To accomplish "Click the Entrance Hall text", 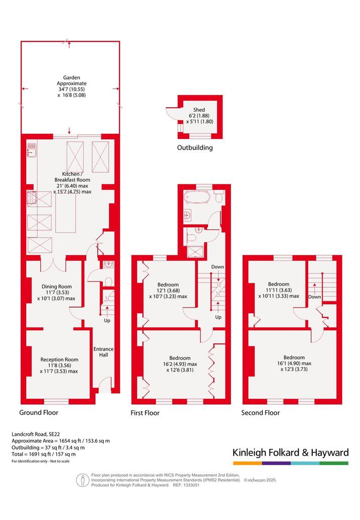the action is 104,352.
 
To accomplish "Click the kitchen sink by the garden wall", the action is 31,150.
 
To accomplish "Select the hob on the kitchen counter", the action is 32,198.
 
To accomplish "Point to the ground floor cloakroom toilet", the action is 108,282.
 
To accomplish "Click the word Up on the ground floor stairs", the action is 107,320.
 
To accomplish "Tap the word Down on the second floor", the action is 315,297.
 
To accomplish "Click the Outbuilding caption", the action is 195,148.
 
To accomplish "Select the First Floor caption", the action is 145,413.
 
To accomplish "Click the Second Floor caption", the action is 260,413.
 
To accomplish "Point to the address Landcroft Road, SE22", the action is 36,434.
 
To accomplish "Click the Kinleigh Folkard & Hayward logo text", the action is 291,453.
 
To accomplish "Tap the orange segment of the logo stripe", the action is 247,463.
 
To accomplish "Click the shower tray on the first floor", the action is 192,252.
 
